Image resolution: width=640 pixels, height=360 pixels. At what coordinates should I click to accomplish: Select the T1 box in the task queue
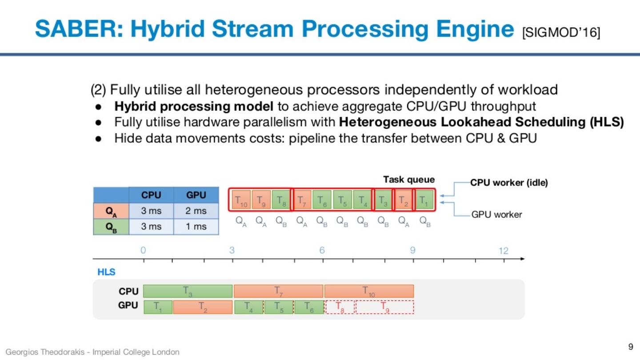tap(424, 200)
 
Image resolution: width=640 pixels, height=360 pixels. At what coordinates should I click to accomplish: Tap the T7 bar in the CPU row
tap(279, 291)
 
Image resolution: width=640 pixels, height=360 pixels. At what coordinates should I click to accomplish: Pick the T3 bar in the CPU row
tap(188, 291)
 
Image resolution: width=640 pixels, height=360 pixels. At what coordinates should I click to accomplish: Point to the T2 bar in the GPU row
tap(203, 307)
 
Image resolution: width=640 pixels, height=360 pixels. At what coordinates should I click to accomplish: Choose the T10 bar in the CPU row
tap(369, 291)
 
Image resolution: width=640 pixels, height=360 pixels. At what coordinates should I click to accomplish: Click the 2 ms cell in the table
tap(196, 211)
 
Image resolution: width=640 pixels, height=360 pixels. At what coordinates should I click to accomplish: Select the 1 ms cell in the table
tap(196, 226)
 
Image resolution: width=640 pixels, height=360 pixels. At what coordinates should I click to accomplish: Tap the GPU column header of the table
tap(196, 195)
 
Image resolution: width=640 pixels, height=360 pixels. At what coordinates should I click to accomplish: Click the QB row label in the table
tap(111, 226)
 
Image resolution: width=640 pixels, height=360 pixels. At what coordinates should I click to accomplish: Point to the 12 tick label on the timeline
tap(503, 251)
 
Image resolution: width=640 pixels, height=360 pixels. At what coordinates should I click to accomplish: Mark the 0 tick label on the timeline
tap(143, 251)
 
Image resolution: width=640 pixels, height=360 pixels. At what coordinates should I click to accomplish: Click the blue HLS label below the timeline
tap(106, 272)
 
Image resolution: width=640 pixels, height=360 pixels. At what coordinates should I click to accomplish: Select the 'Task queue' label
tap(409, 180)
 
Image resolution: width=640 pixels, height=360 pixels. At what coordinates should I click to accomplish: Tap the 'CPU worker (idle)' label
tap(509, 183)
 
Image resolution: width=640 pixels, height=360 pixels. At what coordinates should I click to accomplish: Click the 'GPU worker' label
tap(497, 215)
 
